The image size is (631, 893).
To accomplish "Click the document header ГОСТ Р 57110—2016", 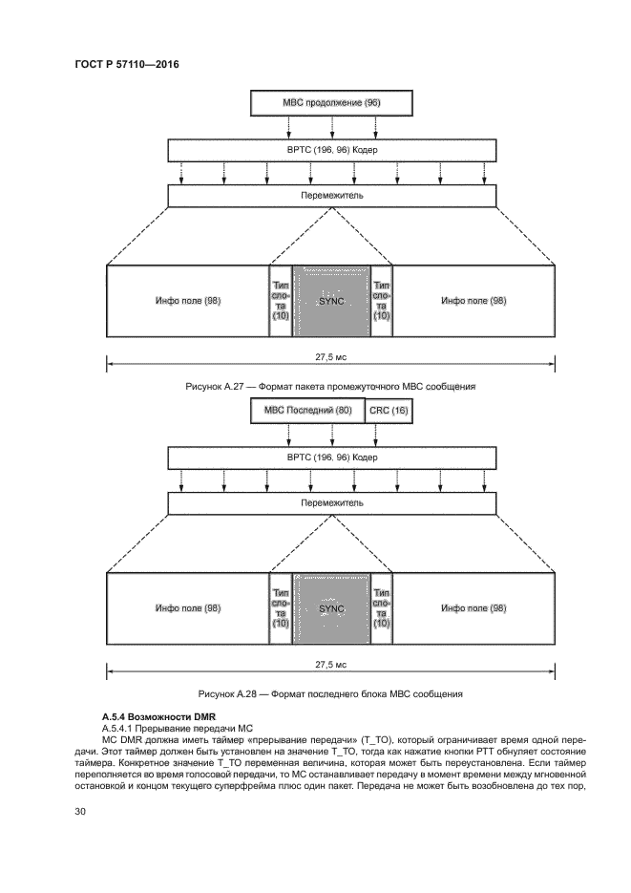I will pyautogui.click(x=127, y=64).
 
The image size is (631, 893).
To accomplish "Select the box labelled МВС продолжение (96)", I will pyautogui.click(x=331, y=102).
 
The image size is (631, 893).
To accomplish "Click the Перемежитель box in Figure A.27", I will pyautogui.click(x=331, y=196).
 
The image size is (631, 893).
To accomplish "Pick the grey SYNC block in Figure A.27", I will pyautogui.click(x=330, y=300).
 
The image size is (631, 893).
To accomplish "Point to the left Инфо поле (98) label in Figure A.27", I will pyautogui.click(x=188, y=301).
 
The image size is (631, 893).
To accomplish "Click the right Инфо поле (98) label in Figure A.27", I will pyautogui.click(x=473, y=301).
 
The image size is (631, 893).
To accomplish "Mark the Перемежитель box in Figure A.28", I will pyautogui.click(x=331, y=502).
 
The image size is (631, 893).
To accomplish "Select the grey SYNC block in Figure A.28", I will pyautogui.click(x=330, y=607).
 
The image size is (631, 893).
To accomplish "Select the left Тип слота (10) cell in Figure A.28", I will pyautogui.click(x=281, y=607).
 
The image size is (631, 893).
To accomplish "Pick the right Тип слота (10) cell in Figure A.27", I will pyautogui.click(x=381, y=300).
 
